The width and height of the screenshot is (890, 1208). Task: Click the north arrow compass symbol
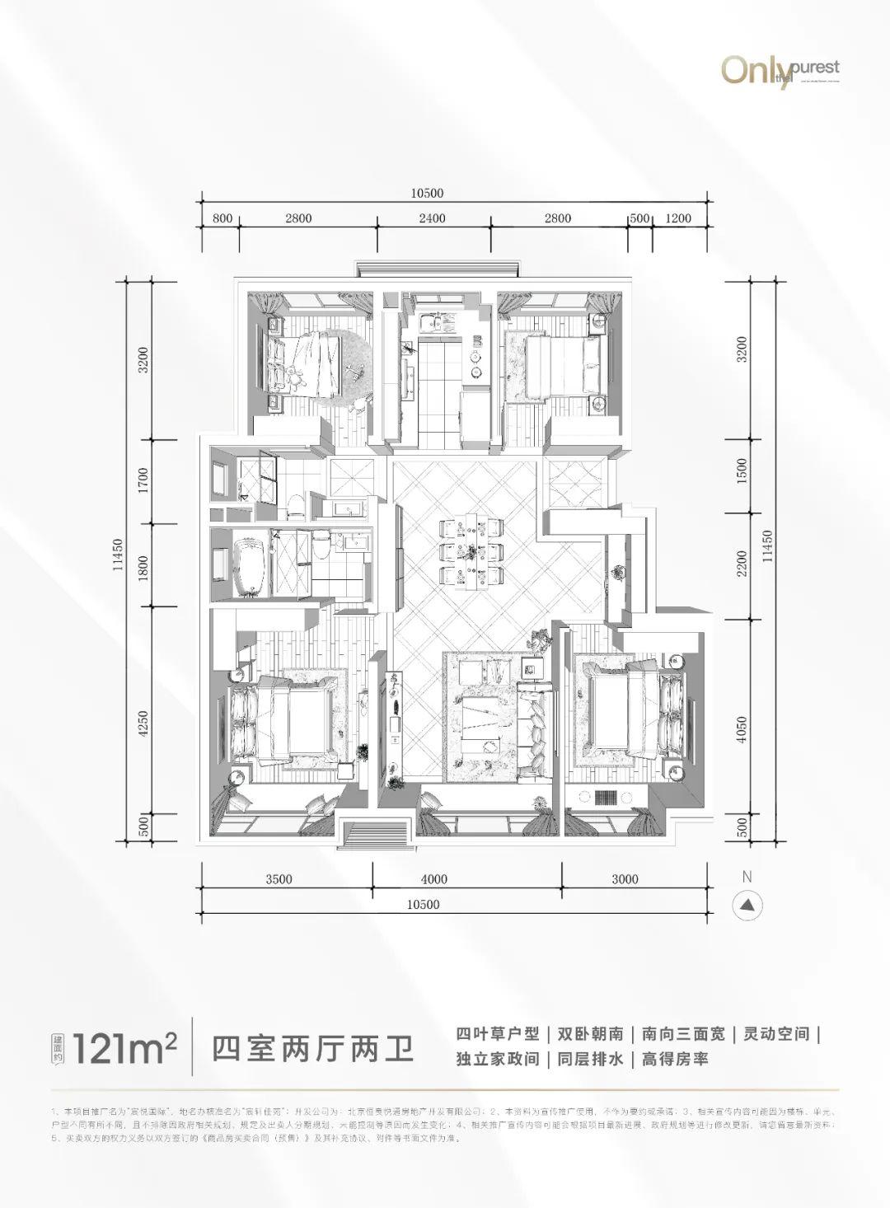pyautogui.click(x=747, y=904)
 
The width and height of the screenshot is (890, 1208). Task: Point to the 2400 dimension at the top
pyautogui.click(x=432, y=218)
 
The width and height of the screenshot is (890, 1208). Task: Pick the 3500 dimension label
pyautogui.click(x=279, y=879)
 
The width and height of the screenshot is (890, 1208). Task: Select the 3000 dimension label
pyautogui.click(x=625, y=879)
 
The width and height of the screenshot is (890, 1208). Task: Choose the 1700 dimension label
pyautogui.click(x=143, y=480)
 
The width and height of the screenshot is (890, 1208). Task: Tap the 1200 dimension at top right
pyautogui.click(x=678, y=218)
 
